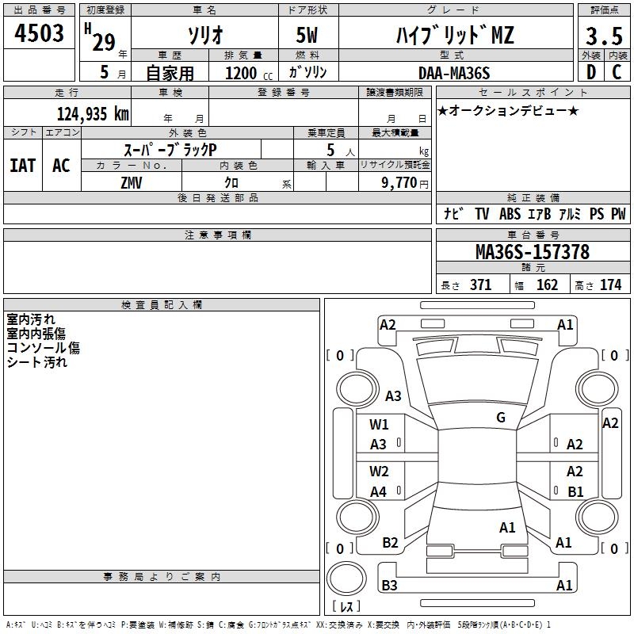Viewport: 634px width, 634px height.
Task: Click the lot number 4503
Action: pos(39,33)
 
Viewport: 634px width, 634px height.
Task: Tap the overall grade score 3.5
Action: pos(603,36)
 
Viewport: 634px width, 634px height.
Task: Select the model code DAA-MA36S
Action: pos(454,73)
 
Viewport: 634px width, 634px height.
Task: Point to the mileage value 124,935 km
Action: pos(93,113)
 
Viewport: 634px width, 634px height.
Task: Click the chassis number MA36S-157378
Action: pos(532,252)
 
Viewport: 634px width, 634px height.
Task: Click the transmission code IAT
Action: pos(22,166)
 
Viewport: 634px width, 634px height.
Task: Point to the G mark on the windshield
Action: pos(501,418)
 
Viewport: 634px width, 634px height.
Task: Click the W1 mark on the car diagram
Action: pos(379,425)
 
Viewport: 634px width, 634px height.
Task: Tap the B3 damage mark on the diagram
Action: pos(389,586)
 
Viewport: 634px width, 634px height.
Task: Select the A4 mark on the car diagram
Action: pos(379,492)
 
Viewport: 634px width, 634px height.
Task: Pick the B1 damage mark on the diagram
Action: pos(575,492)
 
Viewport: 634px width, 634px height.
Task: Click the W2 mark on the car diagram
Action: pos(379,472)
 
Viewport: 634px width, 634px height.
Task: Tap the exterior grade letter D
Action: pos(590,72)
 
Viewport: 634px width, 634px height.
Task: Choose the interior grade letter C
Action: pos(617,72)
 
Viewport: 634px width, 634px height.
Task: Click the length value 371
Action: pos(480,285)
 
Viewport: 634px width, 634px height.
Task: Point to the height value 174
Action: pos(611,285)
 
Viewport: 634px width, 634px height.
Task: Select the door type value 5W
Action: pos(307,36)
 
